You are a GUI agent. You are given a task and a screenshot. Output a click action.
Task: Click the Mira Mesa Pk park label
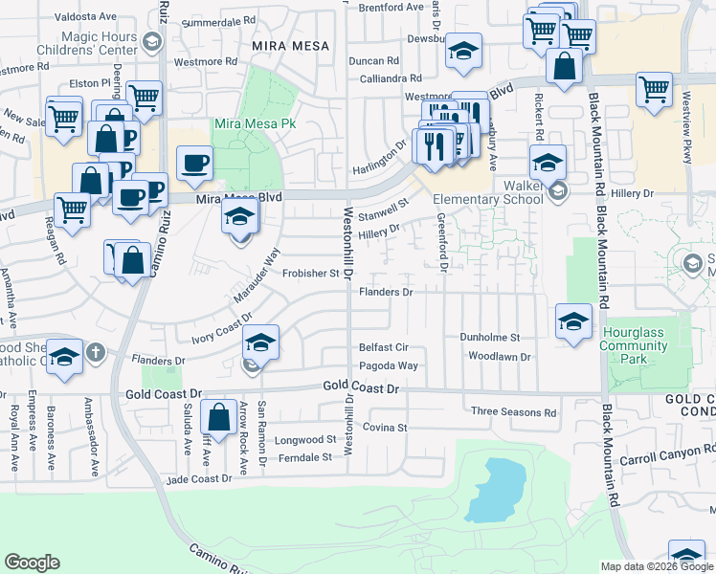[252, 124]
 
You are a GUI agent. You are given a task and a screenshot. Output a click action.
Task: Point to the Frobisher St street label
[312, 273]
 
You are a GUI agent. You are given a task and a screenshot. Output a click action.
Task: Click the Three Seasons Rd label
[513, 412]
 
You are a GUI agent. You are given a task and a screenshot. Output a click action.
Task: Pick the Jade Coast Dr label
[198, 478]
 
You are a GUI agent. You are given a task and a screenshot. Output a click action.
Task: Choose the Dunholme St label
[489, 338]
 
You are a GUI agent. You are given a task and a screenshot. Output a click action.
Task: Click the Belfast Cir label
[384, 348]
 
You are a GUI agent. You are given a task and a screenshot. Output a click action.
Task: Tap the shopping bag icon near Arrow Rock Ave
[219, 418]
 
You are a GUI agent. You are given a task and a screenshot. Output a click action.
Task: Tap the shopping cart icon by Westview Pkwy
[654, 89]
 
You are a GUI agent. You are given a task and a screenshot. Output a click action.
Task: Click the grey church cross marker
[95, 354]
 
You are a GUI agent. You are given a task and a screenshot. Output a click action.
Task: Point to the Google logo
[32, 563]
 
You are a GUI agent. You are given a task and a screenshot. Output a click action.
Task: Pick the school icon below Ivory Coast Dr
[259, 342]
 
